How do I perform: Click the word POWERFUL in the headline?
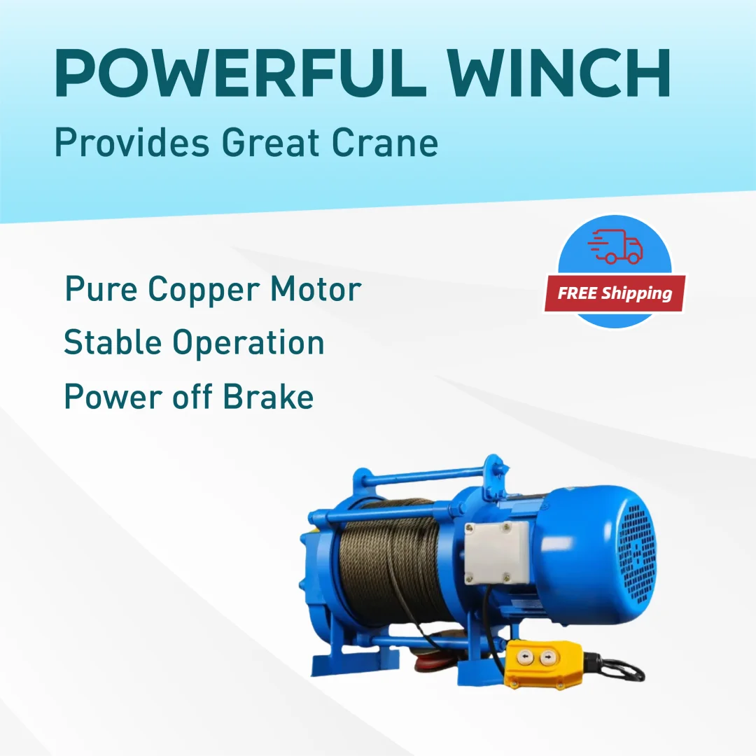[x=240, y=73]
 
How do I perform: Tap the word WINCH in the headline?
[x=559, y=73]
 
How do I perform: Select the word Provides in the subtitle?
[x=132, y=143]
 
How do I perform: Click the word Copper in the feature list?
[x=203, y=290]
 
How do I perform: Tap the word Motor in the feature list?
[x=316, y=289]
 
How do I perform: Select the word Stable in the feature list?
[x=112, y=342]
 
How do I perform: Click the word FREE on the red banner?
[x=577, y=293]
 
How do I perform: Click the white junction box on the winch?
[x=496, y=553]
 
